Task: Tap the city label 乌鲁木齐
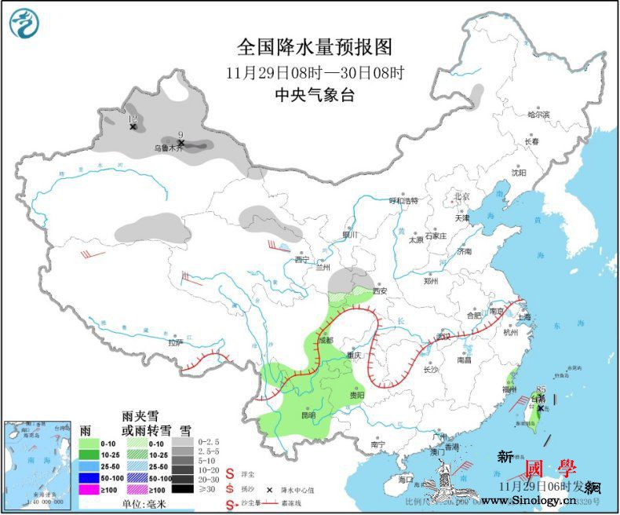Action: pos(167,147)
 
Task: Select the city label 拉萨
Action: pos(175,342)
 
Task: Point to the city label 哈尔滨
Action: pos(538,115)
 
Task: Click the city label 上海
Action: pos(523,317)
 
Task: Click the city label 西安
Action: pos(381,290)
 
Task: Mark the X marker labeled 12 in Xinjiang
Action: pos(133,126)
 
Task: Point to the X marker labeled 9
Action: pos(181,143)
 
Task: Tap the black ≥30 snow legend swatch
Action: pos(183,489)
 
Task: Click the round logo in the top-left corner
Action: pos(24,24)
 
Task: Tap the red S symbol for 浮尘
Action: pos(231,473)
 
